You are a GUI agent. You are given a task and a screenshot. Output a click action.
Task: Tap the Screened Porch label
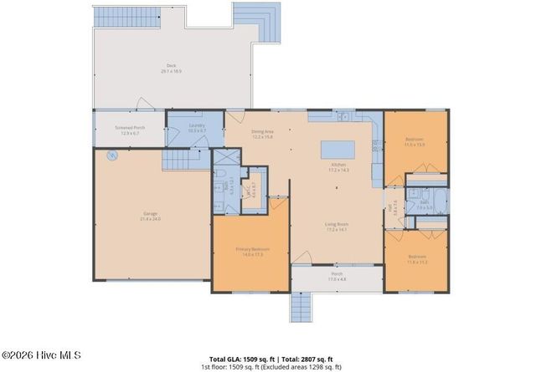click(129, 131)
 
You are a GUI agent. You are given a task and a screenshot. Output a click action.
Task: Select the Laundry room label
click(197, 128)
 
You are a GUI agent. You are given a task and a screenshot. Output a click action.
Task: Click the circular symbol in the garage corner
click(110, 155)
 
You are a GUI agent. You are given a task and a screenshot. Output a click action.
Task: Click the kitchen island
click(338, 150)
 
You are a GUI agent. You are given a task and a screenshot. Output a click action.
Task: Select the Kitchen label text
click(338, 168)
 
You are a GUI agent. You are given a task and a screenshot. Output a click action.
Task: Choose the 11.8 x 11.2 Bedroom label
click(417, 258)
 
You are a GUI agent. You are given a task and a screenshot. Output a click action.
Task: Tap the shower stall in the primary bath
click(225, 158)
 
